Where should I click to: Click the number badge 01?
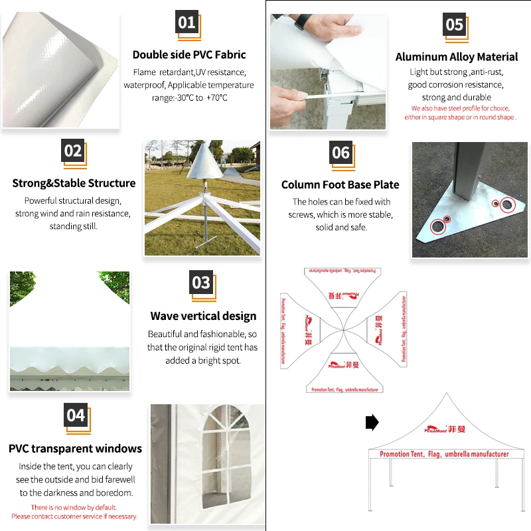click(x=187, y=23)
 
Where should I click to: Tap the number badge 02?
click(x=73, y=151)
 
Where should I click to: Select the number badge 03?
click(x=201, y=283)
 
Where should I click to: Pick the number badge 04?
click(x=76, y=416)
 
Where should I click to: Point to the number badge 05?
click(x=455, y=25)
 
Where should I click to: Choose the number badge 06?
click(x=341, y=153)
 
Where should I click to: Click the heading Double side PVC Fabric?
click(x=189, y=54)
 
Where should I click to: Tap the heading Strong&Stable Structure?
click(x=74, y=183)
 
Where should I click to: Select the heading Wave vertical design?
click(x=203, y=316)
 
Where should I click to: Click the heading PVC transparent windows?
click(x=75, y=449)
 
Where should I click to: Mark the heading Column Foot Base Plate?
click(x=341, y=185)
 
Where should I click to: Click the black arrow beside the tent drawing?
click(x=372, y=422)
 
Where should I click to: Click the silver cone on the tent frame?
click(x=204, y=163)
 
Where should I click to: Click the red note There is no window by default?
click(x=74, y=507)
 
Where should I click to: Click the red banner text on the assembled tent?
click(x=444, y=454)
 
